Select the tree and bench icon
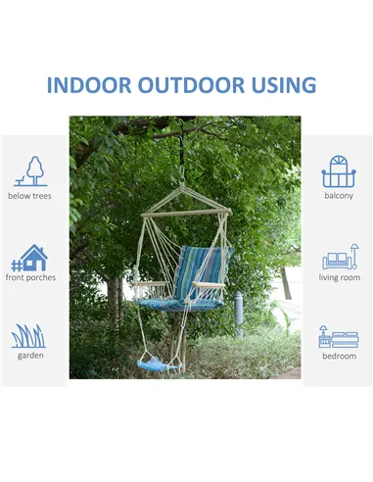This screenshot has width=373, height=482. point(31,171)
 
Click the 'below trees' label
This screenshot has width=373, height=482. point(30,196)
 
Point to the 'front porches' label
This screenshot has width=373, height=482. point(30,277)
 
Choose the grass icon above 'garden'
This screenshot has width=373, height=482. point(29,336)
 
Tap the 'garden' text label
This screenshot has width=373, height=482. point(30,356)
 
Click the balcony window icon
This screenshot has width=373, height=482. point(338,171)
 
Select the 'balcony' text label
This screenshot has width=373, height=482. point(338,196)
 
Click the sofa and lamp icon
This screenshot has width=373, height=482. point(339,259)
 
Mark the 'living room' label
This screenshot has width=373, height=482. point(339,277)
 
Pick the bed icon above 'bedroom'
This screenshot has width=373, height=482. point(339,337)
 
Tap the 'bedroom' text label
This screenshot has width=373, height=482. point(339,356)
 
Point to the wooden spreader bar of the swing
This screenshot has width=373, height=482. point(186,211)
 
